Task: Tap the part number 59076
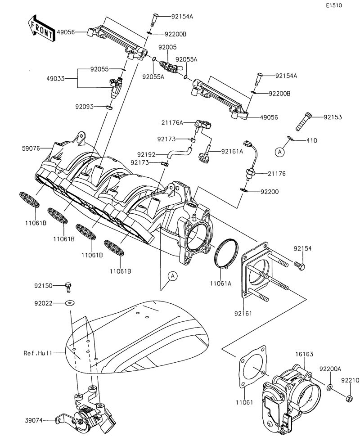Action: point(31,148)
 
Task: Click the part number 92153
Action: point(333,117)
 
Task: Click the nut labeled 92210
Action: point(349,398)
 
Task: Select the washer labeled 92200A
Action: point(330,387)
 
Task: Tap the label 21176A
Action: point(173,122)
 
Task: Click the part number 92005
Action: point(167,47)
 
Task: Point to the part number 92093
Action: point(84,107)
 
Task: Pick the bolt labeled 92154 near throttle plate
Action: point(300,266)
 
